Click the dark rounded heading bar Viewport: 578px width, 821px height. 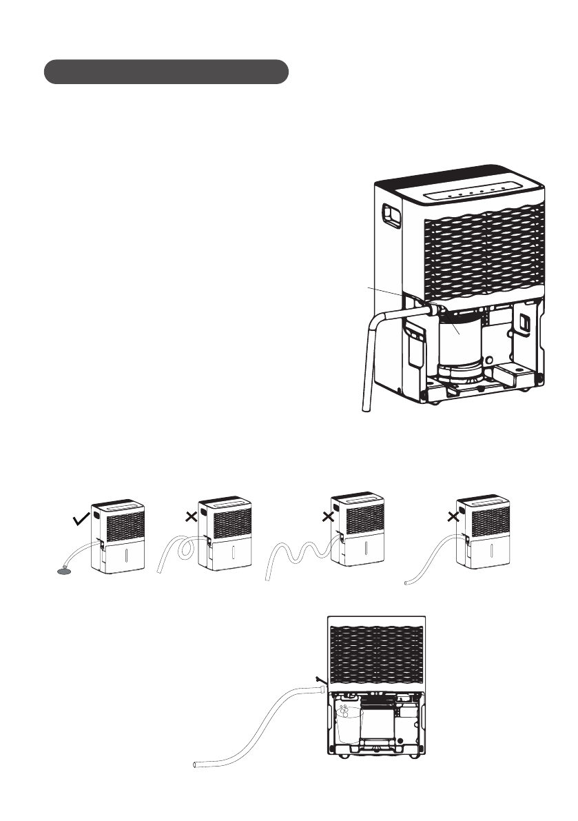tap(165, 72)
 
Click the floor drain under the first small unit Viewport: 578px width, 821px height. tap(63, 570)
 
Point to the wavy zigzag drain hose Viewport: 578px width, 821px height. tap(296, 551)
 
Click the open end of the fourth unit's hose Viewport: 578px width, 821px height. tap(407, 582)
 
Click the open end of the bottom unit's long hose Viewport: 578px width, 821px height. tap(196, 764)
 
